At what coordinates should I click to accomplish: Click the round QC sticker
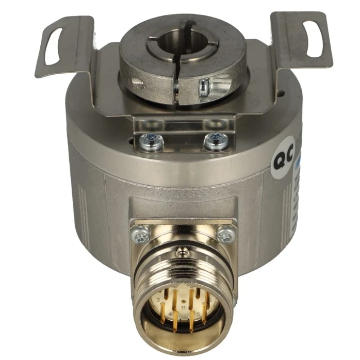click(284, 157)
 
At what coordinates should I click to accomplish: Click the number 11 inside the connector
click(182, 309)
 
